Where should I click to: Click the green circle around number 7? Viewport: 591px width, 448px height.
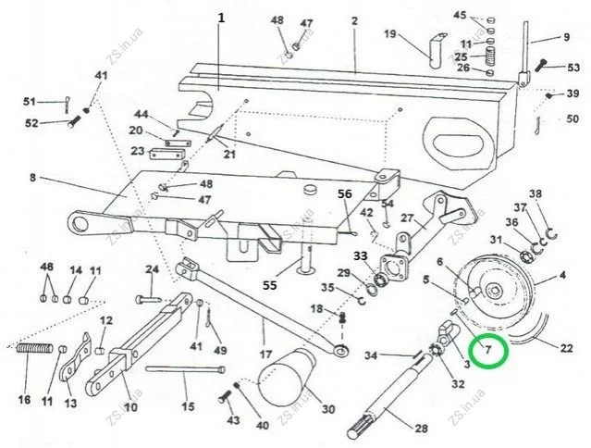tap(488, 335)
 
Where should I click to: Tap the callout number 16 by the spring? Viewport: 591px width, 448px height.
tap(24, 399)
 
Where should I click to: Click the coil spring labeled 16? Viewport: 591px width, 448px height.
tap(34, 348)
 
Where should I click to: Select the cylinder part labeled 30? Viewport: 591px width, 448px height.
tap(288, 376)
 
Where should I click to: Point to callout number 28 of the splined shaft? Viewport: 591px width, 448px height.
tap(421, 428)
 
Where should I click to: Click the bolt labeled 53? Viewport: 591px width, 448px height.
tap(542, 65)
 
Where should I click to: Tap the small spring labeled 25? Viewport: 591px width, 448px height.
tap(490, 56)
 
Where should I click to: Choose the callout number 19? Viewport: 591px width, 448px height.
tap(389, 34)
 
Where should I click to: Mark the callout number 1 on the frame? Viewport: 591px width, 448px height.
tap(221, 18)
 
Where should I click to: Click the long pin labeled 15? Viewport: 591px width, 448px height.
tap(185, 369)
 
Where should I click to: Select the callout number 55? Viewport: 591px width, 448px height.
tap(269, 285)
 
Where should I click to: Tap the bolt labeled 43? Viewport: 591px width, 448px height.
tap(224, 396)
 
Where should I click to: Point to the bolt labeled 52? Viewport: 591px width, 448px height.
tap(74, 121)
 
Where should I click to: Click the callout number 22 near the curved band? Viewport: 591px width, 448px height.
tap(566, 348)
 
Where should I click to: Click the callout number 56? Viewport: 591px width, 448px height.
tap(344, 193)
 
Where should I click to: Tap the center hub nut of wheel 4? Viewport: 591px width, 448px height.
tap(493, 291)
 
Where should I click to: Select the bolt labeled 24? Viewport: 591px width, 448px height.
tap(148, 300)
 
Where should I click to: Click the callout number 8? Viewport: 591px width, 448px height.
tap(32, 177)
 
